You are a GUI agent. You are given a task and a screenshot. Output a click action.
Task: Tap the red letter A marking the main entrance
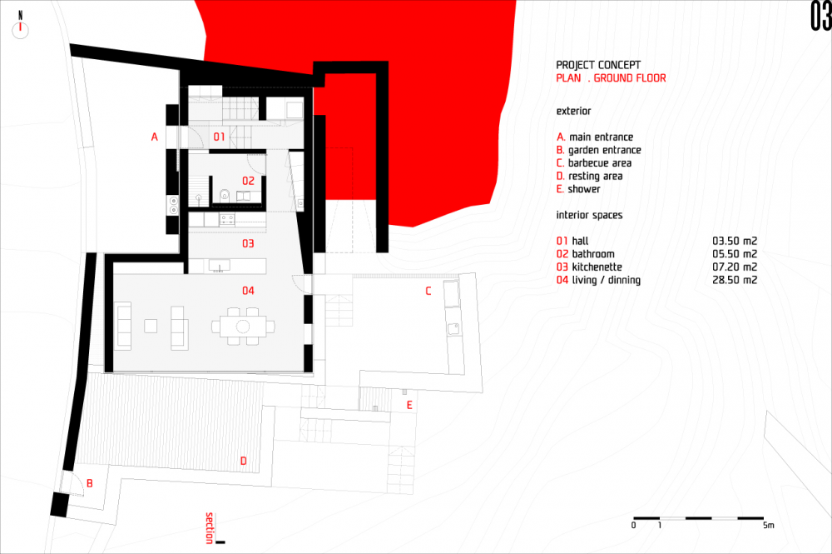click(x=155, y=137)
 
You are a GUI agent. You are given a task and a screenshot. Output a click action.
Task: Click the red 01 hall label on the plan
click(x=219, y=137)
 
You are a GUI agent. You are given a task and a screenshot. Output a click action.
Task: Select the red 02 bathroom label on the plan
click(x=248, y=181)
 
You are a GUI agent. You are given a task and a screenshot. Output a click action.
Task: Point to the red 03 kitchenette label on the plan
click(x=248, y=244)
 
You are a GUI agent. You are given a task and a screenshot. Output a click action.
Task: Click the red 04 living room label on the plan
click(x=248, y=291)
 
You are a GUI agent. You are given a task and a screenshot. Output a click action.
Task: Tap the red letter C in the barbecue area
click(x=428, y=291)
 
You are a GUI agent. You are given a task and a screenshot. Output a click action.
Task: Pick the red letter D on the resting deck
click(x=244, y=461)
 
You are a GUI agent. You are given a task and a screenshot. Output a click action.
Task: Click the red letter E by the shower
click(x=409, y=406)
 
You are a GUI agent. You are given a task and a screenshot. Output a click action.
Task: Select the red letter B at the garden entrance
click(x=90, y=483)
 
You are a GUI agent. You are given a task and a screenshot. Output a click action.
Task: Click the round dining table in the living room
click(x=243, y=326)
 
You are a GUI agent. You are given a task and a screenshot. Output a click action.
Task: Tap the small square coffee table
click(x=151, y=326)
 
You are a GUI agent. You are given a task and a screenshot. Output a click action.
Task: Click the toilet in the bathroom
click(x=225, y=195)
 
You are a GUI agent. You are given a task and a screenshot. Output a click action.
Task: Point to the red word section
click(x=210, y=528)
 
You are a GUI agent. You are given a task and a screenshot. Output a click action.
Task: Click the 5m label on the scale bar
click(x=768, y=526)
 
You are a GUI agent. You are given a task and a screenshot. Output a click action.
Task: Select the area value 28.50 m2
click(x=735, y=280)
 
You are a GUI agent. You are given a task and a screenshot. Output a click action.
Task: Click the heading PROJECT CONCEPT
click(x=598, y=65)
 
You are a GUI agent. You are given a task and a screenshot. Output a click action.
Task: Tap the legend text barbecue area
click(x=600, y=163)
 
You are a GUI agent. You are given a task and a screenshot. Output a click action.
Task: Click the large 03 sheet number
click(x=820, y=16)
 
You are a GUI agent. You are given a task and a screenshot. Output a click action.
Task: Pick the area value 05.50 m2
click(x=735, y=254)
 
